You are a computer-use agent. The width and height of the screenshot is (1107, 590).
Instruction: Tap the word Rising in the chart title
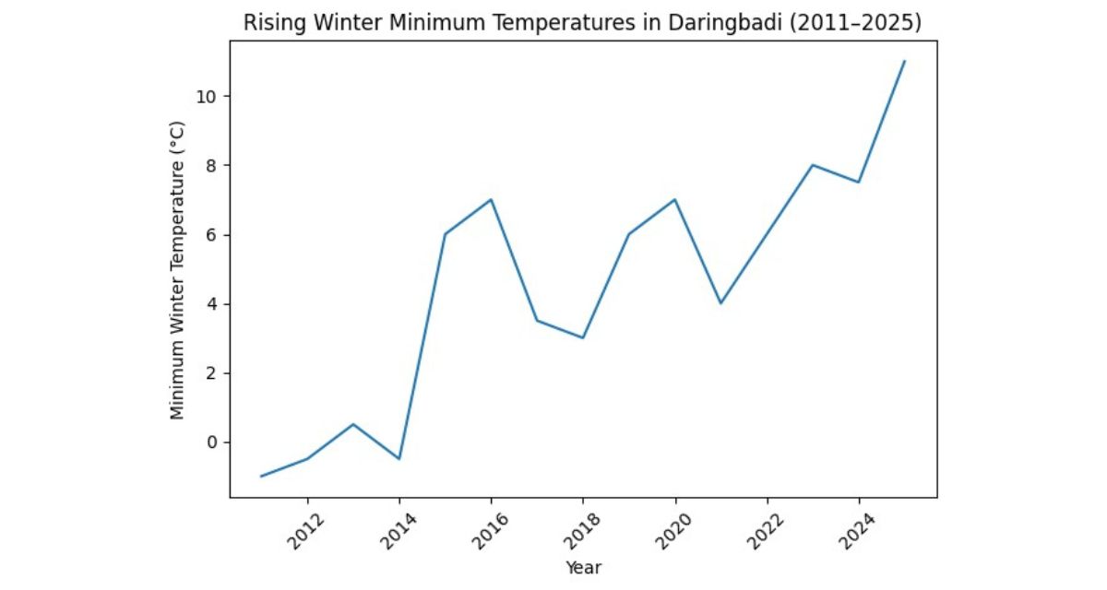point(269,24)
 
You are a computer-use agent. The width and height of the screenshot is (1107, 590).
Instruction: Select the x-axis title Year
point(583,568)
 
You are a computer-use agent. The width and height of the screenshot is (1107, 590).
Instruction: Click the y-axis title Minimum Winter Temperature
point(179,267)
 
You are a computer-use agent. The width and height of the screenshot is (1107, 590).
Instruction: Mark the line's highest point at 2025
point(905,61)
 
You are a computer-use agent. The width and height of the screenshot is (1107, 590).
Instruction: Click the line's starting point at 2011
point(261,477)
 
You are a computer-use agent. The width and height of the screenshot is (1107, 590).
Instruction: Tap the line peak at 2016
point(491,200)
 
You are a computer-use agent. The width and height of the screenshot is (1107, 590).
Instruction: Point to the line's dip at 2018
point(583,338)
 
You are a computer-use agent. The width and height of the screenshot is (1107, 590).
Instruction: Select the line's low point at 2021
point(720,303)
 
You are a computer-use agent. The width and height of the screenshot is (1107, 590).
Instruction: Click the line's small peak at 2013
point(353,425)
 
